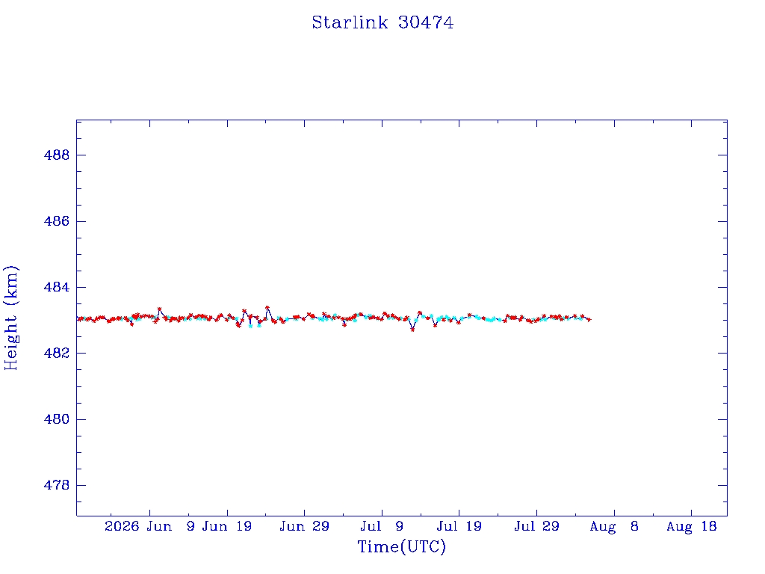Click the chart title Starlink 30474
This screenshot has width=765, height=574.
tap(382, 22)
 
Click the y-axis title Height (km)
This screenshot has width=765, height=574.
tap(10, 318)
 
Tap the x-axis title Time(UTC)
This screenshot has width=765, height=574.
tap(401, 546)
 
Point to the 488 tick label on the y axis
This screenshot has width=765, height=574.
tap(57, 155)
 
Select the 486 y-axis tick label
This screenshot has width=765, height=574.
tap(57, 221)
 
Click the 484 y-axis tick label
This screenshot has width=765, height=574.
tap(57, 287)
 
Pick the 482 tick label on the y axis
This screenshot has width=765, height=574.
tap(57, 353)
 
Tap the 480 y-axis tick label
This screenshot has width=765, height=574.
tap(57, 419)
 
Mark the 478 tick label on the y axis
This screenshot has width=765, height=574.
tap(57, 485)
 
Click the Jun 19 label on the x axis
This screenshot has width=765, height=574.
tap(227, 526)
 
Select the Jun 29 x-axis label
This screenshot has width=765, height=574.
tap(305, 526)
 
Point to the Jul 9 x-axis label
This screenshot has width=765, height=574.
tap(382, 526)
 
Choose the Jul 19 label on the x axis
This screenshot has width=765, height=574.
tap(459, 526)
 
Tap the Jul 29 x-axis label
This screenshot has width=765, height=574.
tap(536, 526)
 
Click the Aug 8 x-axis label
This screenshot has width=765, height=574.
tap(614, 526)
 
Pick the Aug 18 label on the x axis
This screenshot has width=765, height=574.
tap(691, 526)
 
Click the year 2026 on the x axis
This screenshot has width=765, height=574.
tap(122, 526)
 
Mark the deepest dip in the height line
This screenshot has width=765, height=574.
tap(412, 330)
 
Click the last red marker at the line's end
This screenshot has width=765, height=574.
tap(589, 320)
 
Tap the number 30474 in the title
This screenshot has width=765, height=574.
tap(426, 22)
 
